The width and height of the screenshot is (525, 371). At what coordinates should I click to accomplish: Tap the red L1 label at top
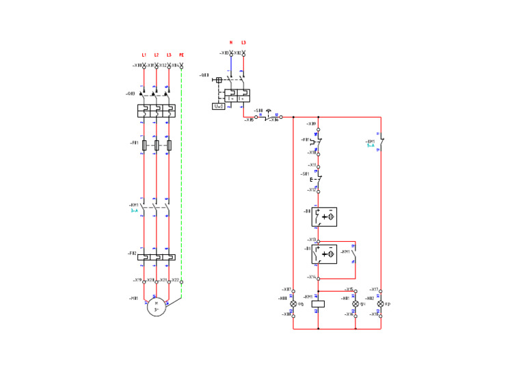point(144,55)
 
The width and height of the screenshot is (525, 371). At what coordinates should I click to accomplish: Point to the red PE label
point(181,55)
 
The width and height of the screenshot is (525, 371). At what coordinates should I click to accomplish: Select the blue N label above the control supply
point(231,42)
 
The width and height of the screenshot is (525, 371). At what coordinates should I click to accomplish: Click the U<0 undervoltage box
point(219,106)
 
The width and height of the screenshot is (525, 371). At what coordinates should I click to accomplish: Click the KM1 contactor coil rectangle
point(318,303)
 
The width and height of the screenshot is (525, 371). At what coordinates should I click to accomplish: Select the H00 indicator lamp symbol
point(293,303)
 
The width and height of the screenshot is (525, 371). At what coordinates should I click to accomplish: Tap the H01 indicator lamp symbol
point(355,303)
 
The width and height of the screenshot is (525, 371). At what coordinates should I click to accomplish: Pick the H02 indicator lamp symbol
point(381,303)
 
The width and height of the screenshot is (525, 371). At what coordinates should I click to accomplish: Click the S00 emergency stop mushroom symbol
point(268,111)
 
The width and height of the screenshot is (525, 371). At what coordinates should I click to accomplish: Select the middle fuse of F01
point(157,145)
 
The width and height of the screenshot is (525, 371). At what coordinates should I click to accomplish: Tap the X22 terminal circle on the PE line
point(181,281)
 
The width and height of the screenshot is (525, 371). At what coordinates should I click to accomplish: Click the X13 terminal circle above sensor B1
point(318,241)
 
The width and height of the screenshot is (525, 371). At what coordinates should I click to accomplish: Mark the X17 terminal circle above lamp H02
point(381,291)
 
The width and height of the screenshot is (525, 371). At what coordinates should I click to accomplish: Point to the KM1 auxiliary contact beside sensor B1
point(355,254)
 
